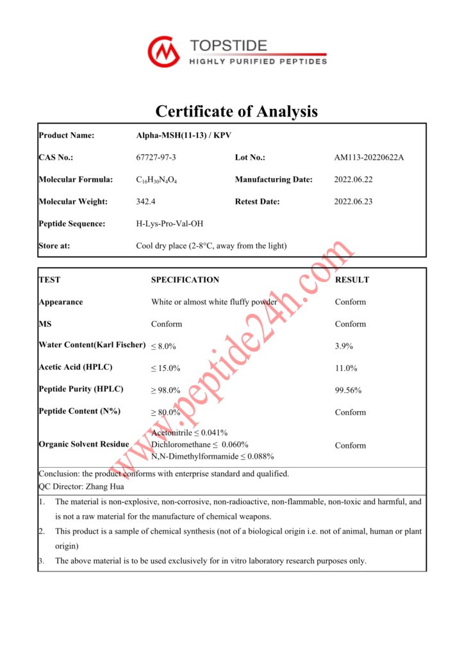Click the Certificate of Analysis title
(x=236, y=111)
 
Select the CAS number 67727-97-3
(x=156, y=158)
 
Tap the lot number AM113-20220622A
(x=369, y=158)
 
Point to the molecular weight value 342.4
(x=146, y=201)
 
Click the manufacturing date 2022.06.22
(x=353, y=179)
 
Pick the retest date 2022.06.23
(x=353, y=201)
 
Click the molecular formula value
(x=156, y=180)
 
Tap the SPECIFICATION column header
(x=185, y=280)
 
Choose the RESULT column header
(x=352, y=280)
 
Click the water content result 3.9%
(x=344, y=346)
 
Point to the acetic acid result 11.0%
(x=345, y=368)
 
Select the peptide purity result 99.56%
(x=348, y=389)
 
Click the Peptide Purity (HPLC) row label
(x=81, y=389)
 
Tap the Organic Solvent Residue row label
(x=83, y=444)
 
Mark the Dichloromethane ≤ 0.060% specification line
(x=199, y=445)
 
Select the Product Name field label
(x=66, y=135)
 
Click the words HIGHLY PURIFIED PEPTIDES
(x=258, y=61)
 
